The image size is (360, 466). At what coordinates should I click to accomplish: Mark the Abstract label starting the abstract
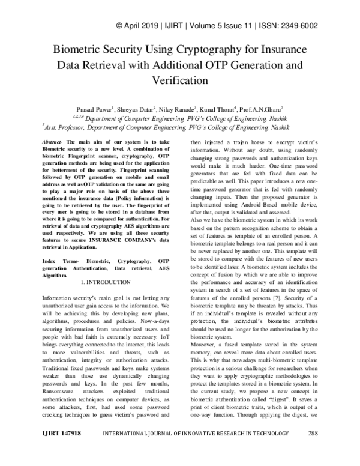[52, 140]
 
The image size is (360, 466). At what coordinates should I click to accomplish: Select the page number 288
[313, 449]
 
